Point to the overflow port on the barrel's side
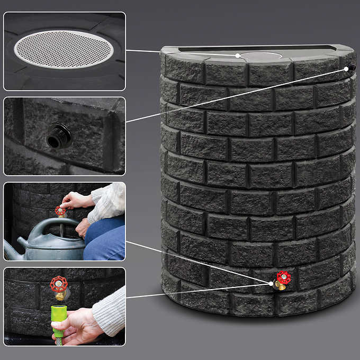click(x=351, y=67)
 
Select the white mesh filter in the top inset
click(x=64, y=49)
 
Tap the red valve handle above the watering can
click(x=61, y=211)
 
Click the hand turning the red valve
click(x=77, y=200)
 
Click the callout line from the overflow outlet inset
click(x=233, y=95)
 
